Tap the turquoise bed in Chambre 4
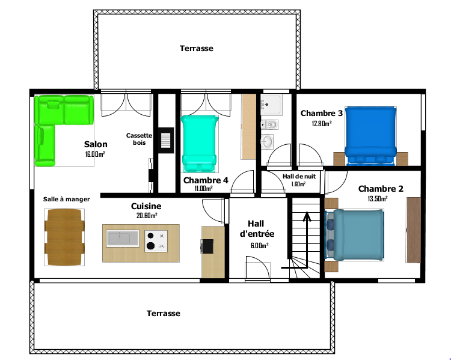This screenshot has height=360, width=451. click(x=199, y=142)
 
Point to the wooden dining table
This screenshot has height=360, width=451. click(x=64, y=237)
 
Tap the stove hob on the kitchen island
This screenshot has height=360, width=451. click(x=155, y=241)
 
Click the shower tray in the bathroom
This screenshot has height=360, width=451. click(x=272, y=104)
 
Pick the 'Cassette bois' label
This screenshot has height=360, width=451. click(x=139, y=139)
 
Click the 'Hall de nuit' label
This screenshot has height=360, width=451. click(x=299, y=176)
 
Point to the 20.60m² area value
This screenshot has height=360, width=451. click(x=146, y=216)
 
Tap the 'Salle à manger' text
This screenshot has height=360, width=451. click(x=66, y=199)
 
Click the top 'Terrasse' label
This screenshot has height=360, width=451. click(x=196, y=48)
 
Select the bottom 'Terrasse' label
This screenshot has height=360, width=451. click(x=163, y=313)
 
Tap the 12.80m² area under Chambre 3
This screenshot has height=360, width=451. click(x=322, y=123)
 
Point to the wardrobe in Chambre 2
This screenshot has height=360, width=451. click(x=413, y=230)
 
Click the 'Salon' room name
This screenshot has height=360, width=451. click(x=96, y=144)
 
